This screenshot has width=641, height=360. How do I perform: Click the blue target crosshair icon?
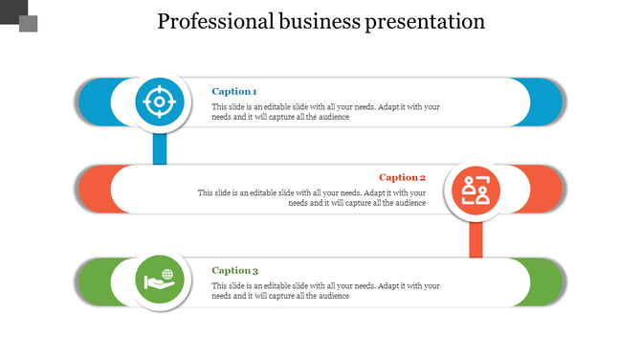tap(155, 101)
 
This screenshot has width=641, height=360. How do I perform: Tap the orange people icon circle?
tap(475, 189)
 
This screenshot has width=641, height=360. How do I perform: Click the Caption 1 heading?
tap(234, 91)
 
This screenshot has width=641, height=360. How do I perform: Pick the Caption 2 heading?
tap(402, 177)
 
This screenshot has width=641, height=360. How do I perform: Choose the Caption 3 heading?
tap(235, 271)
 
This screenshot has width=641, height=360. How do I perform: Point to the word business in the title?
tap(320, 21)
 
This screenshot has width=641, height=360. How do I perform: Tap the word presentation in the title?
tap(424, 21)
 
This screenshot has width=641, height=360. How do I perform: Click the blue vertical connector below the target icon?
tap(160, 147)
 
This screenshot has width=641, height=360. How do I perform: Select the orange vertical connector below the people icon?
tap(475, 238)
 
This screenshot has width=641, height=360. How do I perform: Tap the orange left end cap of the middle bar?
tap(94, 189)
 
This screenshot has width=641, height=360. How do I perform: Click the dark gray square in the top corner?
tap(13, 11)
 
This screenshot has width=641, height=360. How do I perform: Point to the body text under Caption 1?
tap(326, 112)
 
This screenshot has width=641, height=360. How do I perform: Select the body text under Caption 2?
tap(313, 198)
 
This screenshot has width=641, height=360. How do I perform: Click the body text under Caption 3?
tap(326, 291)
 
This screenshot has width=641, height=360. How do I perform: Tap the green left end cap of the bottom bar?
tap(94, 282)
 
